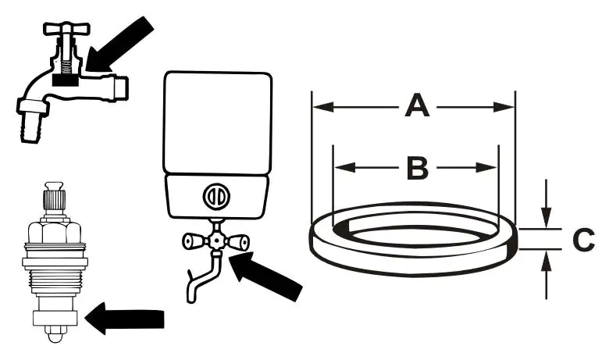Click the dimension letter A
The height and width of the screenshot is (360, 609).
[417, 105]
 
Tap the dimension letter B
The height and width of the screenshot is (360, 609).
[418, 166]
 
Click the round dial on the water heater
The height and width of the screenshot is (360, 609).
[216, 195]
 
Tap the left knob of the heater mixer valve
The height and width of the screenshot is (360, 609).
[192, 242]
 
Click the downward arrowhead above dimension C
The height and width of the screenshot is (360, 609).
[548, 219]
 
